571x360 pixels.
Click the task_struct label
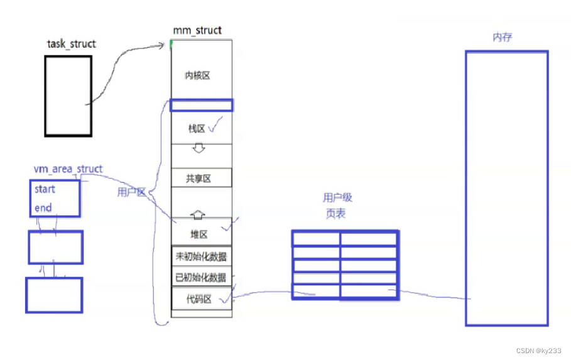pyautogui.click(x=72, y=44)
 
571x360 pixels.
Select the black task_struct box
pyautogui.click(x=68, y=95)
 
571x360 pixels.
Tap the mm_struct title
pyautogui.click(x=197, y=30)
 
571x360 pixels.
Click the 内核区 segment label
pyautogui.click(x=197, y=75)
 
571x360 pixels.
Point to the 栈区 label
pyautogui.click(x=197, y=129)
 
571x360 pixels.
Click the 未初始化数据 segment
pyautogui.click(x=201, y=256)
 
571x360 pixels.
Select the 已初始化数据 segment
pyautogui.click(x=201, y=277)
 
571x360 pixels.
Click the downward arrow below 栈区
pyautogui.click(x=198, y=149)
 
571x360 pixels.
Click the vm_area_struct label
pyautogui.click(x=68, y=169)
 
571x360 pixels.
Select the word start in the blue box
pyautogui.click(x=45, y=189)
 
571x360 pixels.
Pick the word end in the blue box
pyautogui.click(x=43, y=208)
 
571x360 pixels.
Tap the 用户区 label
pyautogui.click(x=131, y=192)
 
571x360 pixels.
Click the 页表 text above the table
pyautogui.click(x=335, y=214)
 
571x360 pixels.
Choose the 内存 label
pyautogui.click(x=503, y=37)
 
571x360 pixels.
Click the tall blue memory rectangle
pyautogui.click(x=506, y=188)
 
